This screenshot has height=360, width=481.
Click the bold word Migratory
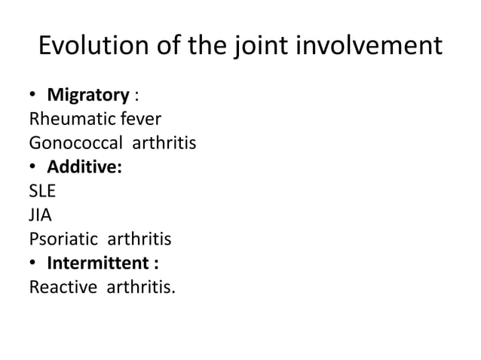point(88,96)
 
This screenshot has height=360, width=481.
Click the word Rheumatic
point(63,119)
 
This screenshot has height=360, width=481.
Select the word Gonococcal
point(71,143)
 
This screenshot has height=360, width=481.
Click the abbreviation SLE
point(42,191)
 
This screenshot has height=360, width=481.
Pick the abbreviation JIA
point(39,215)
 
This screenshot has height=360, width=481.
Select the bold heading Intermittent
point(99,264)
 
